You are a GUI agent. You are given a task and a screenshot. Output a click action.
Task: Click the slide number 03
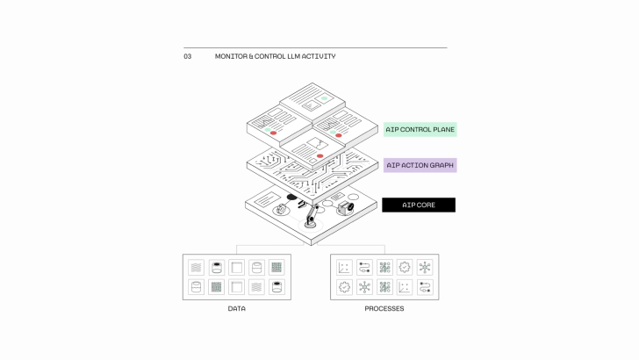pyautogui.click(x=187, y=56)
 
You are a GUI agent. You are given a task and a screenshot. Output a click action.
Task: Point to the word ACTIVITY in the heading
pyautogui.click(x=322, y=56)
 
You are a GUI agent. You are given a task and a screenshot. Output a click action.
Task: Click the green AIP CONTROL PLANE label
pyautogui.click(x=420, y=130)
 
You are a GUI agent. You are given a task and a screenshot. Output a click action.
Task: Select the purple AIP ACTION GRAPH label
pyautogui.click(x=420, y=165)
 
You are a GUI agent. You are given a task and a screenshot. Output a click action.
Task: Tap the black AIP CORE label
pyautogui.click(x=419, y=205)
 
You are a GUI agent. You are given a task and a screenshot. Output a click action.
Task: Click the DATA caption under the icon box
pyautogui.click(x=237, y=309)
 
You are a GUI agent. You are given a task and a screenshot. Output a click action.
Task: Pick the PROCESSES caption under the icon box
pyautogui.click(x=384, y=309)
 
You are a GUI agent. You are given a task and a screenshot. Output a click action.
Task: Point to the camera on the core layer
pyautogui.click(x=345, y=208)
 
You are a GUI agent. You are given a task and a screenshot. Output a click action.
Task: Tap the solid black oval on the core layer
pyautogui.click(x=292, y=198)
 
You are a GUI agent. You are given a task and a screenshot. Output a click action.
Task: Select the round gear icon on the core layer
pyautogui.click(x=281, y=210)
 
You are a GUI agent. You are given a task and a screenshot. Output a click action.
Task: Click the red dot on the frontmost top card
pyautogui.click(x=319, y=155)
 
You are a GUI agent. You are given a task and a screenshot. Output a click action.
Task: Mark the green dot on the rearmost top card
pyautogui.click(x=326, y=97)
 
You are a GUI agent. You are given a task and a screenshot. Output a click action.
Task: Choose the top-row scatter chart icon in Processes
pyautogui.click(x=344, y=267)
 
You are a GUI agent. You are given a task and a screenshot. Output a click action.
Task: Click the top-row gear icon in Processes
pyautogui.click(x=404, y=267)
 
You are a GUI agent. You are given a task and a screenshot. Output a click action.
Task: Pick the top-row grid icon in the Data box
pyautogui.click(x=276, y=267)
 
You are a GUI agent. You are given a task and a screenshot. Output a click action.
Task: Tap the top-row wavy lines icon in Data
pyautogui.click(x=197, y=267)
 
